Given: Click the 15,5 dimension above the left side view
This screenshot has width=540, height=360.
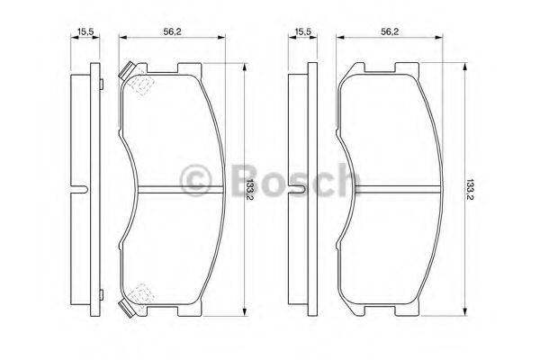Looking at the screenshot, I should [86, 32].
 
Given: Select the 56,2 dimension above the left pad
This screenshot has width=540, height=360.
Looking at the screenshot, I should [168, 32].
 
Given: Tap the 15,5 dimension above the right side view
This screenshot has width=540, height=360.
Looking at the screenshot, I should [303, 32].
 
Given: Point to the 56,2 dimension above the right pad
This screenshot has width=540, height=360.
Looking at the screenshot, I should [389, 32].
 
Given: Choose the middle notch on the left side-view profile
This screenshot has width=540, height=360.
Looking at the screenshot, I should [81, 188].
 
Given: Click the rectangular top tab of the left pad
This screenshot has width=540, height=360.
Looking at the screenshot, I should [189, 68].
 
